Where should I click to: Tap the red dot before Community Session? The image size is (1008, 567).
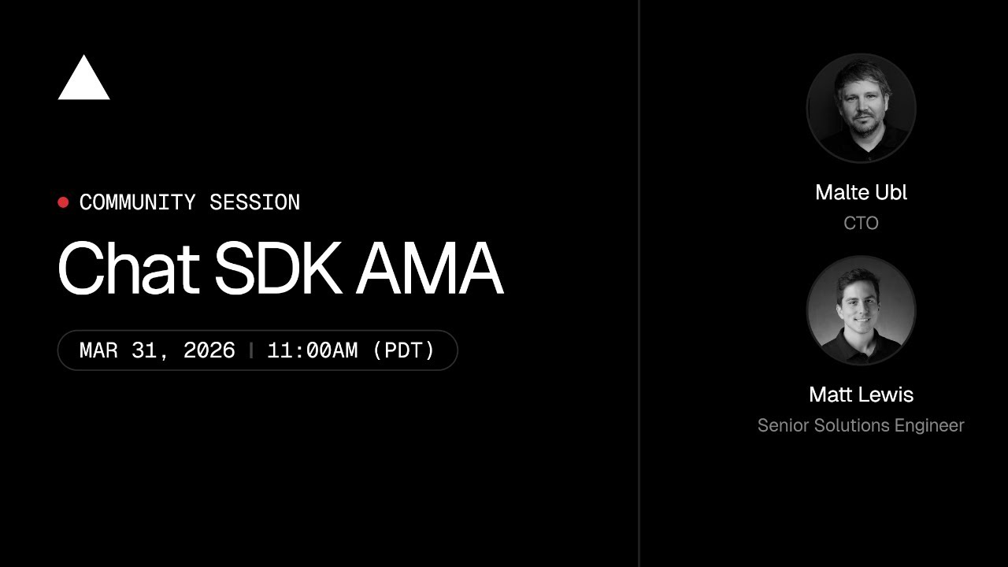click(x=63, y=202)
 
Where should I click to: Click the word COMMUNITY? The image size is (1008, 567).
click(x=138, y=202)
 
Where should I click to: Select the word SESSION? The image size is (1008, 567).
click(x=254, y=202)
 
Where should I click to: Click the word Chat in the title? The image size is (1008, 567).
click(x=128, y=269)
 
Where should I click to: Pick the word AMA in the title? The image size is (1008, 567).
click(x=429, y=269)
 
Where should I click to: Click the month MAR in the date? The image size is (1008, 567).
click(x=98, y=350)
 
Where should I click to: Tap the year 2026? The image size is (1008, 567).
click(x=209, y=350)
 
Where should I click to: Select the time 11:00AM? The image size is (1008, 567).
click(x=313, y=350)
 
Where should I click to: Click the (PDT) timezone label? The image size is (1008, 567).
click(x=403, y=350)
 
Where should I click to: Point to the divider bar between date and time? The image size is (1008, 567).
click(x=251, y=350)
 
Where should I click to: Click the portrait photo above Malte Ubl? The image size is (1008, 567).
click(x=861, y=108)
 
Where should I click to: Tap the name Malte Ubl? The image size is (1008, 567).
click(x=861, y=193)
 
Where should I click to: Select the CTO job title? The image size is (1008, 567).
click(x=861, y=224)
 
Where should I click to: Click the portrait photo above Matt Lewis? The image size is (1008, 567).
click(x=861, y=310)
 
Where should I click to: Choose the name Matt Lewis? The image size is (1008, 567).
click(x=861, y=395)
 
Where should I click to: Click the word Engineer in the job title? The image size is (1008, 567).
click(x=928, y=426)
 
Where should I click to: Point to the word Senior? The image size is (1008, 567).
click(x=782, y=426)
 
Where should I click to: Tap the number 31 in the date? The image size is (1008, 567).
click(x=145, y=350)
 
